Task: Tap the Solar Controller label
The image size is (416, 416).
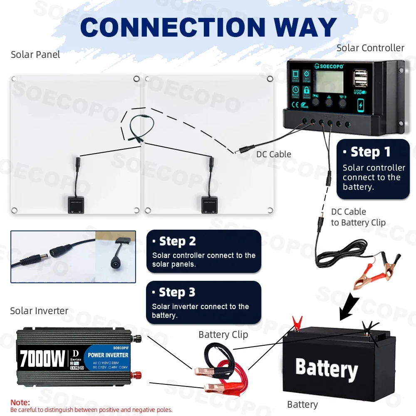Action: tap(370, 48)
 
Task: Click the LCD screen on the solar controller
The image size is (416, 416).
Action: tap(329, 82)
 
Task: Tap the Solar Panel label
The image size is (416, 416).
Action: tap(35, 54)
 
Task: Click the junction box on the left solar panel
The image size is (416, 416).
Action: tap(76, 205)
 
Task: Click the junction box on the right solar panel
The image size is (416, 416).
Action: tap(210, 205)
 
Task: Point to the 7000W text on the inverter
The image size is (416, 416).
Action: tap(42, 358)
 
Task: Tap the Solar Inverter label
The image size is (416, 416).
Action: tap(39, 311)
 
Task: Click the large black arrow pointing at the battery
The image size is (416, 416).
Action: tap(349, 307)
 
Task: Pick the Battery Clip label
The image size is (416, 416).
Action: tap(223, 334)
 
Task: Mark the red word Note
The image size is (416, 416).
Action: tap(20, 403)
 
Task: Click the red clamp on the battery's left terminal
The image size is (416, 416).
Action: tap(297, 322)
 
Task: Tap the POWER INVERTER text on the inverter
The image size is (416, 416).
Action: tap(108, 355)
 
